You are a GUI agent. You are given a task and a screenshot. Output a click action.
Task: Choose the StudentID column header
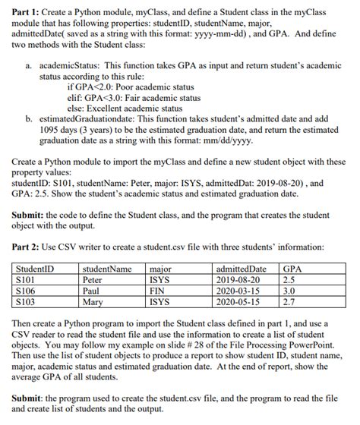click(35, 269)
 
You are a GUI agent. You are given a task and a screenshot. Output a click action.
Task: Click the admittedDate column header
click(242, 269)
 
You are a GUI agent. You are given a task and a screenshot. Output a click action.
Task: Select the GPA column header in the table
click(292, 269)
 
